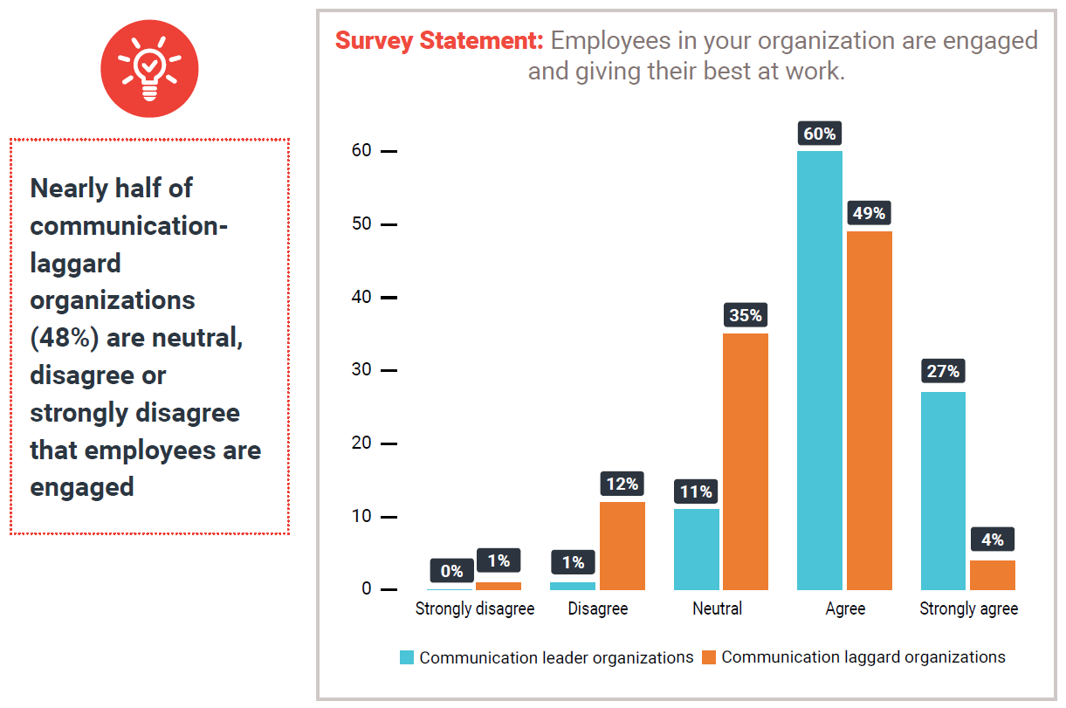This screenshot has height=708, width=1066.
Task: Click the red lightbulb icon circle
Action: (x=149, y=67)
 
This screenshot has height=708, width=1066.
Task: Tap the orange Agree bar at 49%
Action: (x=869, y=410)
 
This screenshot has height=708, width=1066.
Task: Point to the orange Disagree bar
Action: (x=622, y=546)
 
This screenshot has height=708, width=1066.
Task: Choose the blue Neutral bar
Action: (x=696, y=549)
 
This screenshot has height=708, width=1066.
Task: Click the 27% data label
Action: (x=943, y=371)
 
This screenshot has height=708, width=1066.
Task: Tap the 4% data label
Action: (x=992, y=540)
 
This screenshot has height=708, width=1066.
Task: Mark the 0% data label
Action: (x=451, y=572)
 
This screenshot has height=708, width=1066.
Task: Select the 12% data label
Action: (x=622, y=483)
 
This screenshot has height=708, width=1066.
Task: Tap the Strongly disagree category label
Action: (x=474, y=608)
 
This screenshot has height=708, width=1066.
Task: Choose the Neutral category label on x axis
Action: (x=717, y=608)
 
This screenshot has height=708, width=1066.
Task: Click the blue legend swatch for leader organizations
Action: (x=407, y=657)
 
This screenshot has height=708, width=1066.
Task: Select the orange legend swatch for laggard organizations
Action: (x=709, y=657)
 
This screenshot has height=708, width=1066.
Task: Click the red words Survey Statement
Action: (x=439, y=41)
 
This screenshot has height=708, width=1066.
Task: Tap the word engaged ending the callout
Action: (x=82, y=486)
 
